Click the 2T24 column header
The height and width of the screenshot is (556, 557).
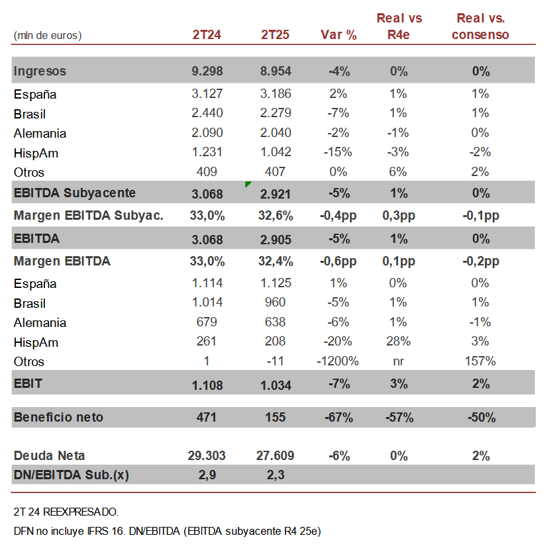click(207, 35)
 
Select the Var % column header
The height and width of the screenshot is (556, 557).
click(338, 35)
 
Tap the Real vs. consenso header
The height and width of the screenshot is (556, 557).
click(480, 26)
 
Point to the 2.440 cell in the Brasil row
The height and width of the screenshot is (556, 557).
click(207, 114)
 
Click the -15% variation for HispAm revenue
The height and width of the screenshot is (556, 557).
click(338, 152)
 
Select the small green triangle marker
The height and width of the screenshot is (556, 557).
click(248, 184)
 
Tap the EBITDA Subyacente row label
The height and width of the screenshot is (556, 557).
click(75, 193)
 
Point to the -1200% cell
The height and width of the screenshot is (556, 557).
click(338, 361)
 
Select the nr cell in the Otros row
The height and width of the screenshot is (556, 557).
click(399, 361)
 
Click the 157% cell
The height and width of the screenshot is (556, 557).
click(480, 361)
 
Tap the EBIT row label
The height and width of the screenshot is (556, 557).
click(28, 384)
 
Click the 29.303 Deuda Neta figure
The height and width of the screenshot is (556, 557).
click(207, 456)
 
